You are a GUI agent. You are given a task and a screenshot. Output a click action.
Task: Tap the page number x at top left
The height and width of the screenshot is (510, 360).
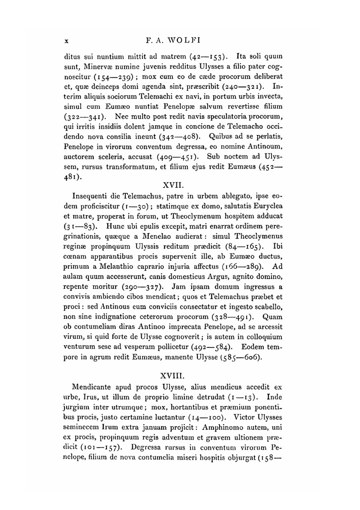point(66,41)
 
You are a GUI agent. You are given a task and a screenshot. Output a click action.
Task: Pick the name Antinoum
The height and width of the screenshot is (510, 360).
point(264,147)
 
